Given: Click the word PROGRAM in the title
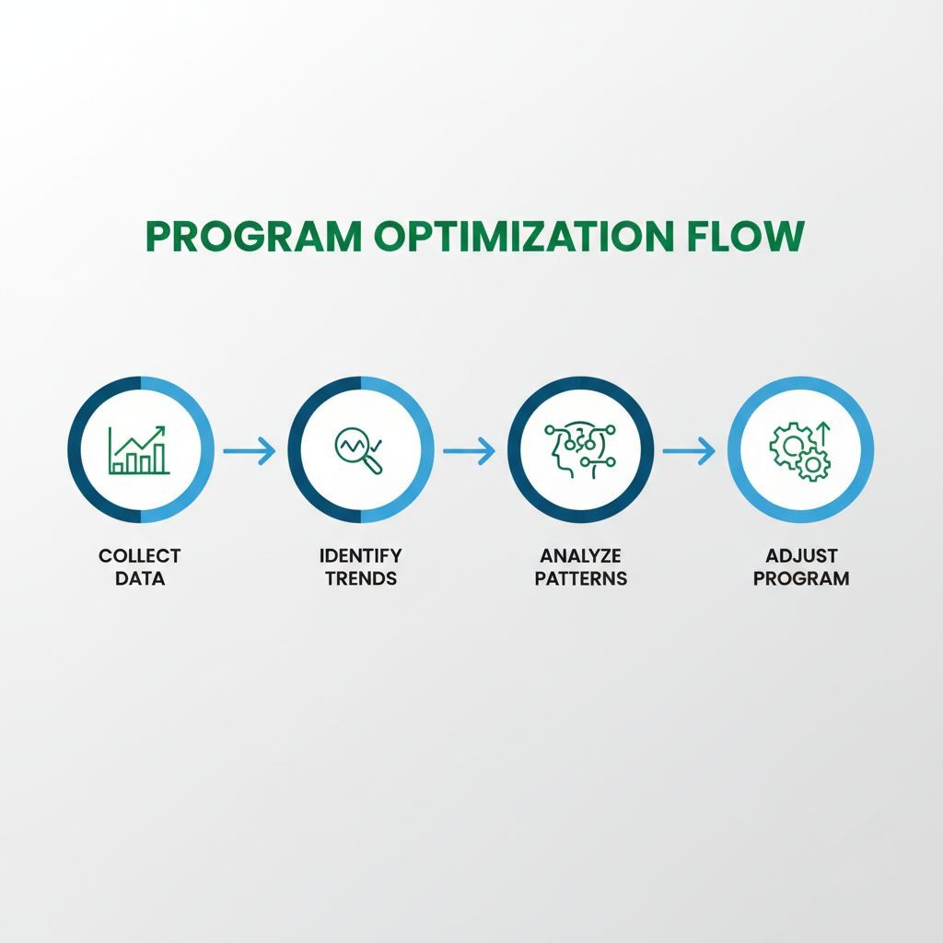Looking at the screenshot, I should click(253, 237).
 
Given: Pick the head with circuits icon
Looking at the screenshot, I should click(579, 449).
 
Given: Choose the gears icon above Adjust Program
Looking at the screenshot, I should click(799, 451).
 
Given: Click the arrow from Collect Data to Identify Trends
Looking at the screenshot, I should click(250, 450).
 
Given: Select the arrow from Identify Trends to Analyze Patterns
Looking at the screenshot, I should click(469, 450).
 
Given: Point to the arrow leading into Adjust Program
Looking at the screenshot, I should click(689, 450).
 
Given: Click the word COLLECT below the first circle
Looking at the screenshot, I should click(140, 556).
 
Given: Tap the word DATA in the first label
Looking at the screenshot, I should click(140, 578).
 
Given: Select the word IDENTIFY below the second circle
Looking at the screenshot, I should click(360, 556).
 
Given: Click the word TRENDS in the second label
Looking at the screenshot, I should click(360, 578).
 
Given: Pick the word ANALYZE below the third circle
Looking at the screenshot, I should click(580, 556).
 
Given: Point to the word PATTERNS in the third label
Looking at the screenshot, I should click(580, 578).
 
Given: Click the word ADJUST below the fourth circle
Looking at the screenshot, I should click(800, 556).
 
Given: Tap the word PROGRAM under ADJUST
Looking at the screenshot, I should click(800, 578).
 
